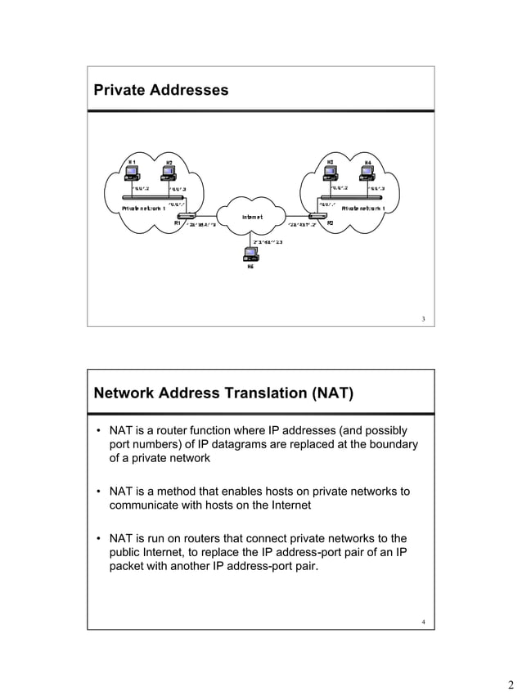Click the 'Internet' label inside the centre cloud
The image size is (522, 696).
coord(252,217)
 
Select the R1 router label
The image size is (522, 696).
coord(178,222)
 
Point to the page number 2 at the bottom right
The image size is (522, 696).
coord(509,685)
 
